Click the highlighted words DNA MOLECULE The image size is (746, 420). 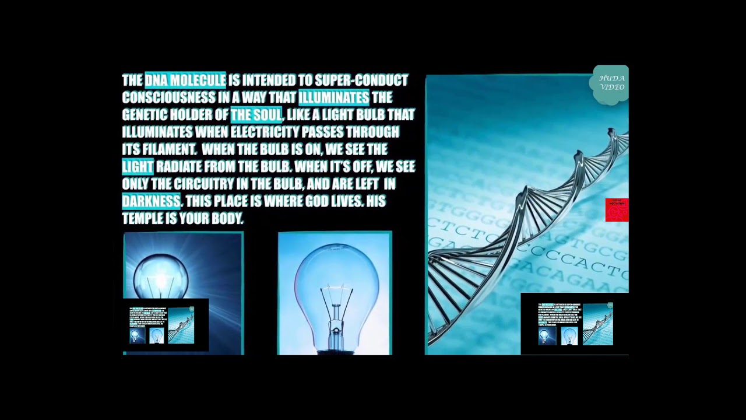pos(185,80)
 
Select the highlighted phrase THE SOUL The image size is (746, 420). pos(256,115)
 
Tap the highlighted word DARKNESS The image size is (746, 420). pos(151,201)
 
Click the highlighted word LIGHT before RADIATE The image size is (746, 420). pos(138,167)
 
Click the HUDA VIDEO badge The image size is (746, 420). pos(611,84)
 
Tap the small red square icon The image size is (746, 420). pos(617,210)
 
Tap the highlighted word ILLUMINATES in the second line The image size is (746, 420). pos(333,97)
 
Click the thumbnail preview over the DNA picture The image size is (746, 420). pos(574,324)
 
